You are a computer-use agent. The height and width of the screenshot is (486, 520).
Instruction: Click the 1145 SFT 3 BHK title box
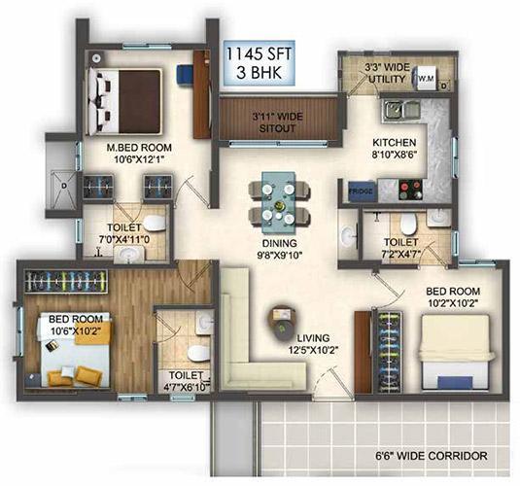[x=259, y=63]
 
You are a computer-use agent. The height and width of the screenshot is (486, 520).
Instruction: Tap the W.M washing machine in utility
[x=425, y=79]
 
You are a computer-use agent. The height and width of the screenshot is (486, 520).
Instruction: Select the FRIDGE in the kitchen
[x=361, y=191]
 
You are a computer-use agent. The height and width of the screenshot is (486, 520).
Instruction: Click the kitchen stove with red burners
[x=410, y=190]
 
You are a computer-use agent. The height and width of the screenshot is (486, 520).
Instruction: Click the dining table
[x=279, y=202]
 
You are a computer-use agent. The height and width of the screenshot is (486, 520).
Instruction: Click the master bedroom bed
[x=124, y=101]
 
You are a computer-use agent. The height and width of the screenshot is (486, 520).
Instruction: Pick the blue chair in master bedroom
[x=184, y=76]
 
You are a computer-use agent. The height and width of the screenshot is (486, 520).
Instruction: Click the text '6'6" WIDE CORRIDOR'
[x=432, y=456]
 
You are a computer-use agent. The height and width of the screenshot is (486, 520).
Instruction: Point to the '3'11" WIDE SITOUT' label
[x=277, y=122]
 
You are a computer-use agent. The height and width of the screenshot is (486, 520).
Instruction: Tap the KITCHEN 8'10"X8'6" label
[x=395, y=148]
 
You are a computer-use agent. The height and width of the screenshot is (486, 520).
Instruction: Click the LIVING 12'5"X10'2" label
[x=313, y=344]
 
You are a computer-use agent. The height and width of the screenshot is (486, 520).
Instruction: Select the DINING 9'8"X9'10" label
[x=279, y=249]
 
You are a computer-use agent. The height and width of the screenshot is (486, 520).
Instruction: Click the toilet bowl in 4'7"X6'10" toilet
[x=198, y=353]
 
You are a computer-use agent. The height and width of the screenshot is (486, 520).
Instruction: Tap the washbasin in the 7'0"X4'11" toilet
[x=129, y=255]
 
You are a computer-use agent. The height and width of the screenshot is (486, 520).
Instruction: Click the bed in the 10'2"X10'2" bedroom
[x=456, y=352]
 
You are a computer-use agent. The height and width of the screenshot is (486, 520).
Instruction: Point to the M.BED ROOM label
[x=139, y=148]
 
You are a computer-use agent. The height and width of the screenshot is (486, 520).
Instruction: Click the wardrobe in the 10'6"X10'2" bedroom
[x=66, y=281]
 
